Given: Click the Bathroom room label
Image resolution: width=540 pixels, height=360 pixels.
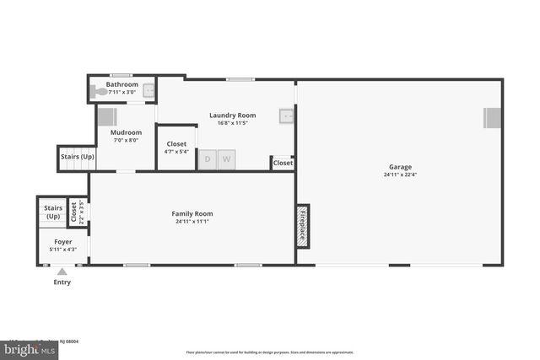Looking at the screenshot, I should (122, 84).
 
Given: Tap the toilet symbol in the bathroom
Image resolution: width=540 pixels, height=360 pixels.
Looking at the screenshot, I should (98, 90).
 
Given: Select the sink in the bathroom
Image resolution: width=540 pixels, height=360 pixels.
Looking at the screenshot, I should (148, 90).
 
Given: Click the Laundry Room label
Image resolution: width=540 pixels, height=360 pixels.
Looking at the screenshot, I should (232, 116).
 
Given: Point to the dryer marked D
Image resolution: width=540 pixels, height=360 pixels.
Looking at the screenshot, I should (208, 159).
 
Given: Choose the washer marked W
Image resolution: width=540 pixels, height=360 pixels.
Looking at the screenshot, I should (227, 159).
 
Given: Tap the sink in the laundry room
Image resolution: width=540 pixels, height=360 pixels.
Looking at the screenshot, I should (287, 116).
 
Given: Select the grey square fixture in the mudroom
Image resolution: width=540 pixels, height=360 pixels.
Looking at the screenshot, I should (109, 117).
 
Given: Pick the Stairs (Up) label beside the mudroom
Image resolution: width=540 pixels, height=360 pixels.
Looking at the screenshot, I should (76, 157).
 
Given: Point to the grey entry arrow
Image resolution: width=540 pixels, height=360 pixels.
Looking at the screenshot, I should (62, 271).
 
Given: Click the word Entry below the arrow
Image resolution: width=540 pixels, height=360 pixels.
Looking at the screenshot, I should (62, 282).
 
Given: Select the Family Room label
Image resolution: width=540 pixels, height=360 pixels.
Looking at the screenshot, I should (192, 213).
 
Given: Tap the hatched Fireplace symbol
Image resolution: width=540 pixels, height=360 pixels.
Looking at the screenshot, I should (302, 226).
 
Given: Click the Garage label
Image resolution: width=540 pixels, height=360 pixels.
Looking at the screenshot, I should (400, 167).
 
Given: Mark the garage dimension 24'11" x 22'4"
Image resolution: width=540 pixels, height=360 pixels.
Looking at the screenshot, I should (400, 175).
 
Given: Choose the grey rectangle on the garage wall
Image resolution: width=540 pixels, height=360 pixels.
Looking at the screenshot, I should (492, 118).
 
